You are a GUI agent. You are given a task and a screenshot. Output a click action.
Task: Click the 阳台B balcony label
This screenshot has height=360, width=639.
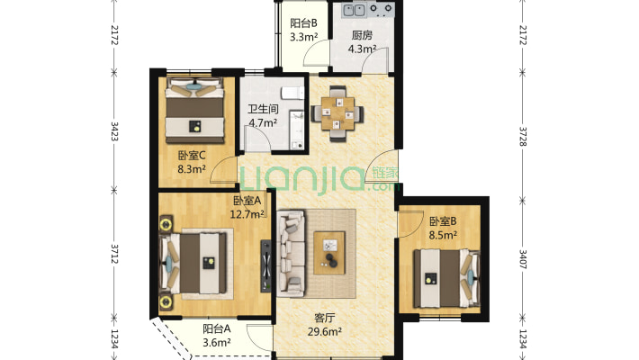click(303, 23)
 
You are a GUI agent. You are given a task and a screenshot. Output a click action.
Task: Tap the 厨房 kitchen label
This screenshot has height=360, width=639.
click(362, 35)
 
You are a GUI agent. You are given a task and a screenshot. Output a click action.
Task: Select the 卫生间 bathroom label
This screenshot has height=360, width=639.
click(264, 109)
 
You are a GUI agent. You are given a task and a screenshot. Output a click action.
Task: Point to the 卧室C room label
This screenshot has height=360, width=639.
click(192, 156)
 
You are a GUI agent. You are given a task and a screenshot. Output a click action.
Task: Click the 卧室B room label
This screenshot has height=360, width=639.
click(443, 221)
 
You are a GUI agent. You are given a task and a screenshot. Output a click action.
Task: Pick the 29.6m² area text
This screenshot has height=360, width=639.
click(324, 331)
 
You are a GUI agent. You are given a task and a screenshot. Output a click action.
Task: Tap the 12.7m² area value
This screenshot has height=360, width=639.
click(247, 214)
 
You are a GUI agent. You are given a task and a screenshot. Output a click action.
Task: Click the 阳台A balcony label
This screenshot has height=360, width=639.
click(217, 328)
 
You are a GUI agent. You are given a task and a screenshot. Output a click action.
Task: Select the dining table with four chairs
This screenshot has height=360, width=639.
click(337, 113)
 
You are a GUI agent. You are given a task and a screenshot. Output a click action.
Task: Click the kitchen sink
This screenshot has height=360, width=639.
click(354, 10)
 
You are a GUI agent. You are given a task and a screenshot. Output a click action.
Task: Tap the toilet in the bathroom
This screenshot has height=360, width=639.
click(293, 93)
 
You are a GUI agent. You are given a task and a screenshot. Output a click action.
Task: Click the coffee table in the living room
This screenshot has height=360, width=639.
click(329, 253)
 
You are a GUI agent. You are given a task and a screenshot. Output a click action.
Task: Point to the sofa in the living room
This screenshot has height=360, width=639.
click(291, 253)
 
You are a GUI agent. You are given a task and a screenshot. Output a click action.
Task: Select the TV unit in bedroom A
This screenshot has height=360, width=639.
click(265, 265)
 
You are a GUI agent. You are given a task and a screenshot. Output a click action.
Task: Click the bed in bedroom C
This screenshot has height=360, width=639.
click(194, 110)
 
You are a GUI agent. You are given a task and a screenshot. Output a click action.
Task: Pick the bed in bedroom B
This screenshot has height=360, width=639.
click(446, 278)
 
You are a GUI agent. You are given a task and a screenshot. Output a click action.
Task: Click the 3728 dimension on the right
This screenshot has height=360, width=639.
click(523, 136)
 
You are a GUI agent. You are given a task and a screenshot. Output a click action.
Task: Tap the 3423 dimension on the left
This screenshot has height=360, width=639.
click(114, 131)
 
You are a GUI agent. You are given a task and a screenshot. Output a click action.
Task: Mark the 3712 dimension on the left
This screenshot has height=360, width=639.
click(114, 254)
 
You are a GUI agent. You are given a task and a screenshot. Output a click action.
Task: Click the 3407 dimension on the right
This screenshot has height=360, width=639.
click(523, 259)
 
